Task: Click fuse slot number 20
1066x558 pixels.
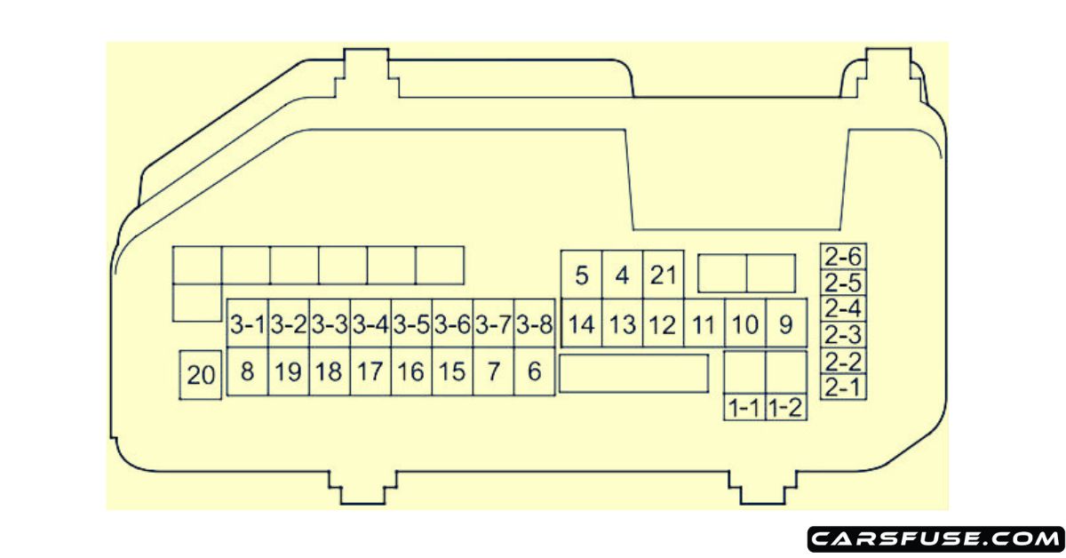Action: coord(202,376)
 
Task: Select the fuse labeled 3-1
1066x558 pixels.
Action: coord(248,324)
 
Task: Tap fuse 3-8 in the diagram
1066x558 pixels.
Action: coord(535,324)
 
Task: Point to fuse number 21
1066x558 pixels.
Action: coord(663,275)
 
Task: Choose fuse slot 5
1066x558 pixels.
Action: coord(582,275)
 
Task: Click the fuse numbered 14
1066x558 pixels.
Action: coord(582,324)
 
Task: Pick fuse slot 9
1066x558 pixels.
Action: coord(785,324)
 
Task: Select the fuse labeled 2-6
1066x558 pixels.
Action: coord(843,257)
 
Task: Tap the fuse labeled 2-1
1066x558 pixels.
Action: coord(843,387)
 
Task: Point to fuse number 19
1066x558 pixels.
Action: coord(288,371)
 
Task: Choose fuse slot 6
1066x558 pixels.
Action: coord(535,371)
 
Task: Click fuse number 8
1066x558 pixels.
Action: coord(248,371)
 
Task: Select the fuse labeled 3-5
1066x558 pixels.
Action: coord(411,324)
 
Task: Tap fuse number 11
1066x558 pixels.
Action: coord(704,324)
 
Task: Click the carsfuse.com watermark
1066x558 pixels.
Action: coord(935,538)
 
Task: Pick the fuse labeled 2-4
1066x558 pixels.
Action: coord(843,309)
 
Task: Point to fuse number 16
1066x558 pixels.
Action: coord(411,371)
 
